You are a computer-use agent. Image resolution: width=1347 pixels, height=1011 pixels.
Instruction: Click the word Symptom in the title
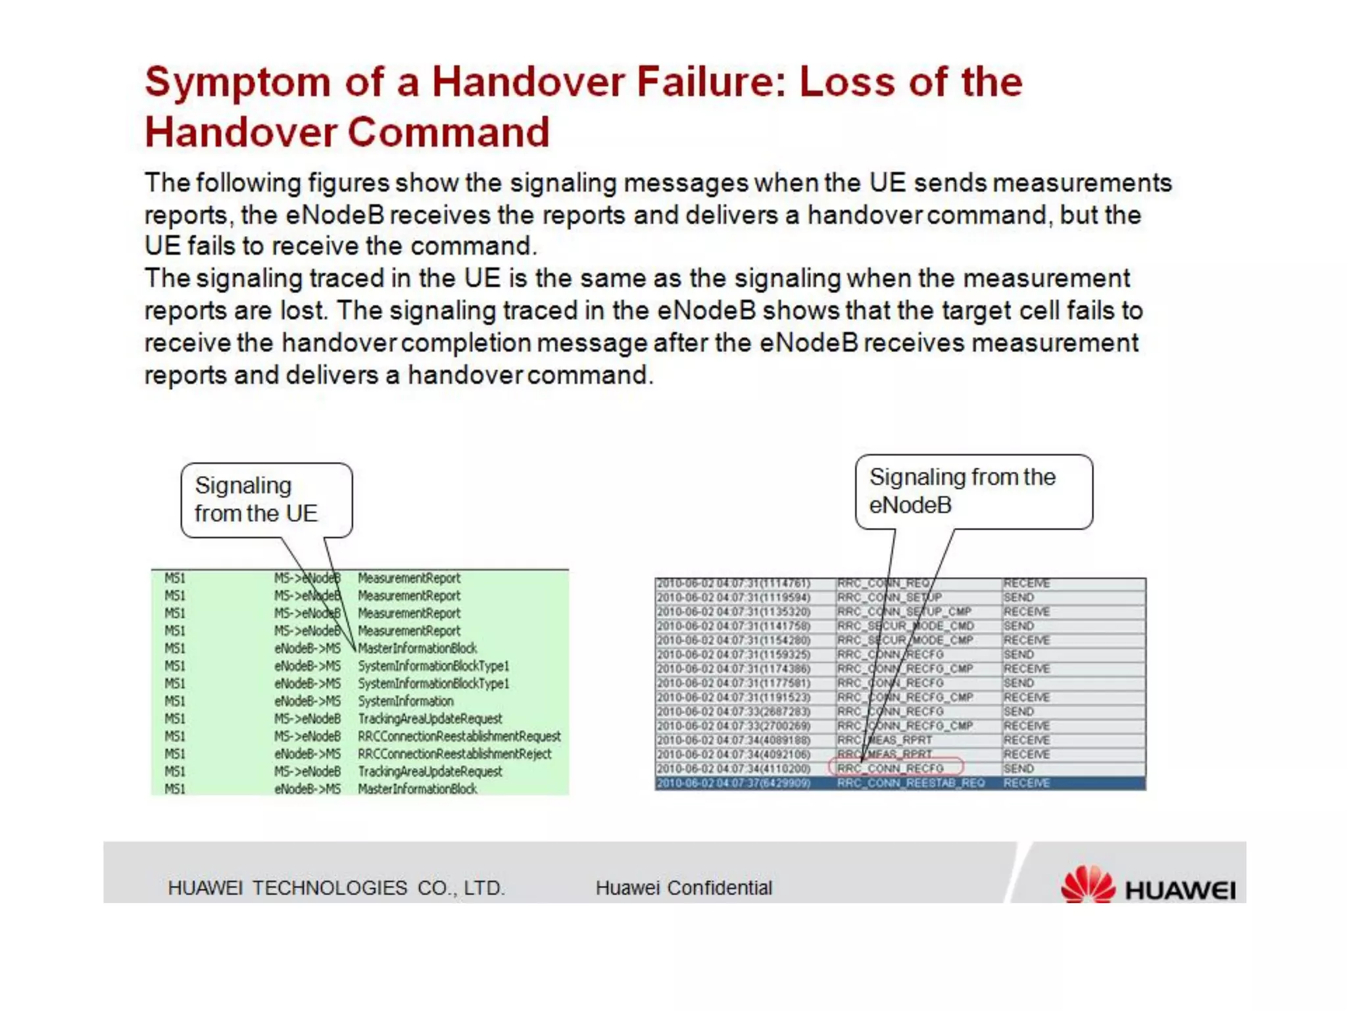[x=237, y=83]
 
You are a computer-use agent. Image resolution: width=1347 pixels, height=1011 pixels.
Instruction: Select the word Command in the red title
[x=448, y=132]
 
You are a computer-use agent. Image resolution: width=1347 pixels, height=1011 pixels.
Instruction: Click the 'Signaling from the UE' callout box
[x=266, y=500]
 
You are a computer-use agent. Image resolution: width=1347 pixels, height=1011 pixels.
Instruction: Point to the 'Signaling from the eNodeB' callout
[x=973, y=491]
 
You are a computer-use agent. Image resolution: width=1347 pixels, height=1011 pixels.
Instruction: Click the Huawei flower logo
[x=1088, y=884]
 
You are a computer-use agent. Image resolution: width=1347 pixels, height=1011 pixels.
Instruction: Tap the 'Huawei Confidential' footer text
[x=683, y=888]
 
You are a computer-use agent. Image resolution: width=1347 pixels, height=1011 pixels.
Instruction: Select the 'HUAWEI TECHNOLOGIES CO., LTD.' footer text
[x=336, y=888]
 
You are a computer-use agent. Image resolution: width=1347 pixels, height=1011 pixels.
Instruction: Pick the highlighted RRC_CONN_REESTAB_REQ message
[x=910, y=783]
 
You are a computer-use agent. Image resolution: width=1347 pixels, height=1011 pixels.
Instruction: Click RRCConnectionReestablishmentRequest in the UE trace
[x=459, y=736]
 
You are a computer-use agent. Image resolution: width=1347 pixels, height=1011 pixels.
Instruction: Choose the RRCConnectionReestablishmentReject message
[x=454, y=754]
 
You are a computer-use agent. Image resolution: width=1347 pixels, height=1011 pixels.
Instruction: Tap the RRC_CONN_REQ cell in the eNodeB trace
[x=883, y=583]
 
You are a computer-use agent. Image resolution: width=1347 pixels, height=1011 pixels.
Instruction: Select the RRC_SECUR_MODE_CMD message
[x=905, y=626]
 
